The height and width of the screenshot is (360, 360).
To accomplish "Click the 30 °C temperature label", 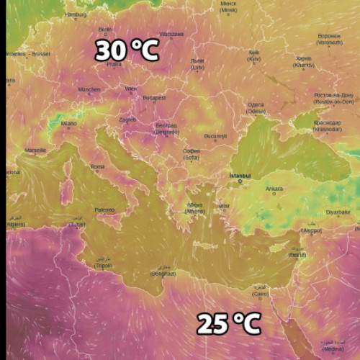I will (x=127, y=50).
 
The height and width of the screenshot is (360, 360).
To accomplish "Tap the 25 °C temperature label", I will (x=228, y=324).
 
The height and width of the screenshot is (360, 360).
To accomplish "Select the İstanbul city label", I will (x=239, y=175).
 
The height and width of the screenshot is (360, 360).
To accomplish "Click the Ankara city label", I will (x=274, y=189).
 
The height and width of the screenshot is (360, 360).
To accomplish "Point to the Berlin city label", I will (x=105, y=30).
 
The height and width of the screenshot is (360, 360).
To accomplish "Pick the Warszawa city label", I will (x=171, y=34).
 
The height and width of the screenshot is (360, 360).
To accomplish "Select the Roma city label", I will (x=97, y=166).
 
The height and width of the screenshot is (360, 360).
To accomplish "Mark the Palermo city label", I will (x=104, y=210).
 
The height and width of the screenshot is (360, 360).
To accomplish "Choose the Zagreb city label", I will (x=127, y=120).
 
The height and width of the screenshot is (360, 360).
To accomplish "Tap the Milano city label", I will (x=68, y=123).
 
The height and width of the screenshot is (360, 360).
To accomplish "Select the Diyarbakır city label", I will (x=338, y=212).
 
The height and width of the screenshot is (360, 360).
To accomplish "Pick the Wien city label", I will (x=131, y=89).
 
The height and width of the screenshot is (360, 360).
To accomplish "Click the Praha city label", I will (x=114, y=63).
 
